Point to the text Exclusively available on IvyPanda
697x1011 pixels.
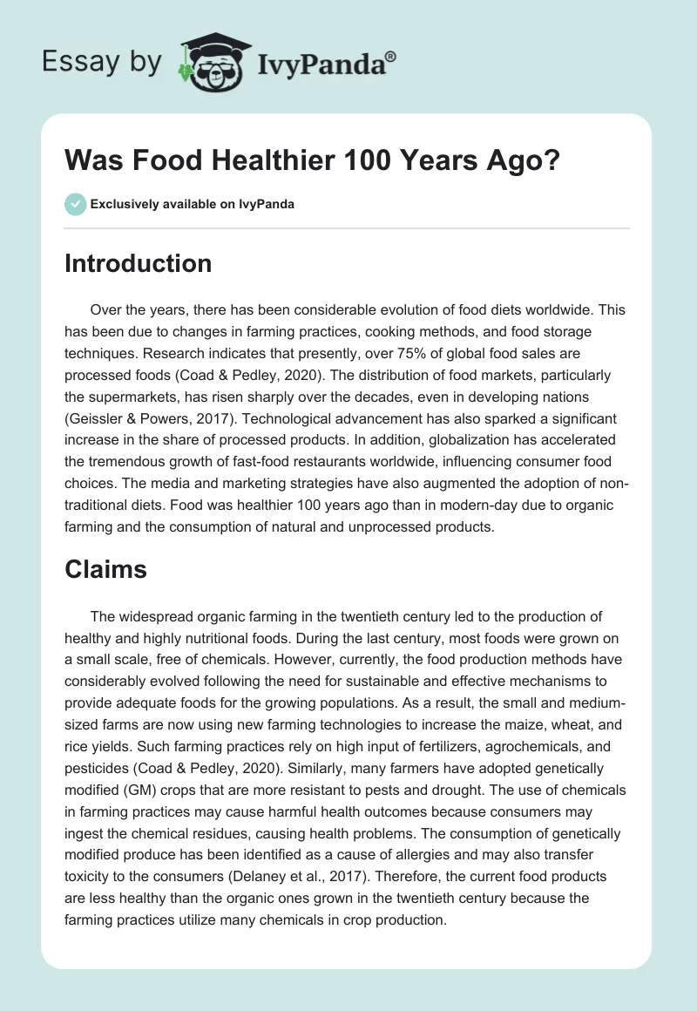tap(193, 204)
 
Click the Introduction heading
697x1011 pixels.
tap(138, 263)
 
